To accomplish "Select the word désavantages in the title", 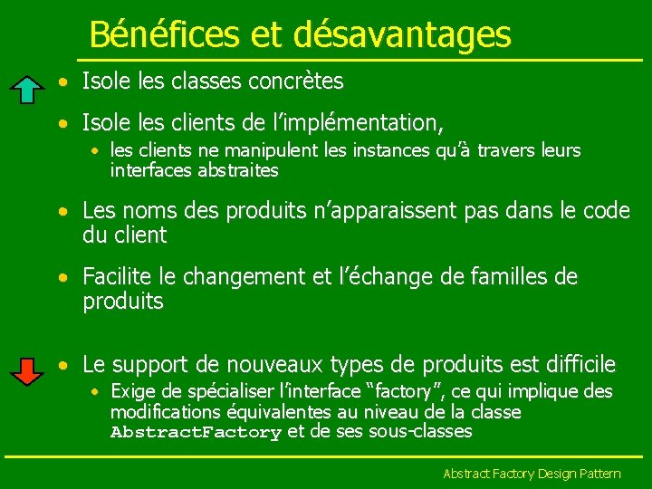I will click(402, 34).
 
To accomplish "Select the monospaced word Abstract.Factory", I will click(196, 432).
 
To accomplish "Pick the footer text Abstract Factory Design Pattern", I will click(532, 474).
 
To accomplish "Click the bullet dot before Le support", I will click(62, 366).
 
